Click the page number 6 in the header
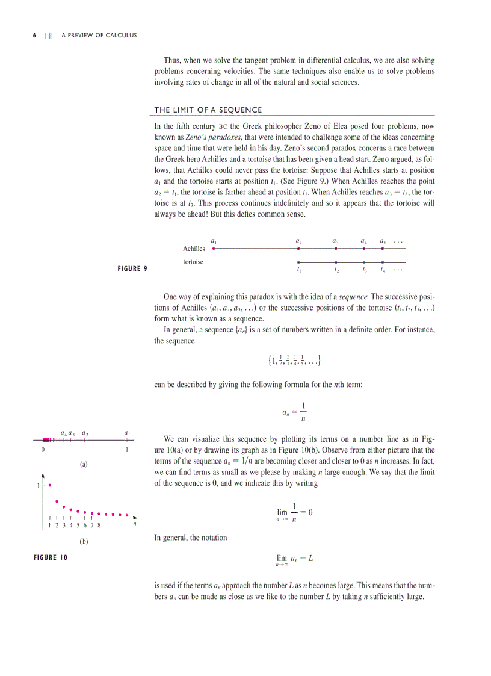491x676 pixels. pyautogui.click(x=34, y=35)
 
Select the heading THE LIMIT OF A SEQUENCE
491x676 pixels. pyautogui.click(x=208, y=110)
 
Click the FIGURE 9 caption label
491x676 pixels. pyautogui.click(x=132, y=268)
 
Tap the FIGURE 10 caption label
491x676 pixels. pyautogui.click(x=51, y=557)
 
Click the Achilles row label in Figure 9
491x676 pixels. pyautogui.click(x=194, y=248)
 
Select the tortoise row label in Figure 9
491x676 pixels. pyautogui.click(x=193, y=262)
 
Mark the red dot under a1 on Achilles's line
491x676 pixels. pyautogui.click(x=214, y=247)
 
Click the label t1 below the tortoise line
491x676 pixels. pyautogui.click(x=299, y=270)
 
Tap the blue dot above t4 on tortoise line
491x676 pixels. pyautogui.click(x=383, y=262)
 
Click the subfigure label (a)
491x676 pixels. pyautogui.click(x=84, y=465)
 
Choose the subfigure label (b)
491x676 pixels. pyautogui.click(x=84, y=542)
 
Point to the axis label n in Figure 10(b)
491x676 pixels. pyautogui.click(x=134, y=524)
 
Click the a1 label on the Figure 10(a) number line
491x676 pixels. pyautogui.click(x=127, y=433)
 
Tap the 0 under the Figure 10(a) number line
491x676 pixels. pyautogui.click(x=43, y=450)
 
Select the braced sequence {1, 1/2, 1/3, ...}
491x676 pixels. pyautogui.click(x=294, y=361)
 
